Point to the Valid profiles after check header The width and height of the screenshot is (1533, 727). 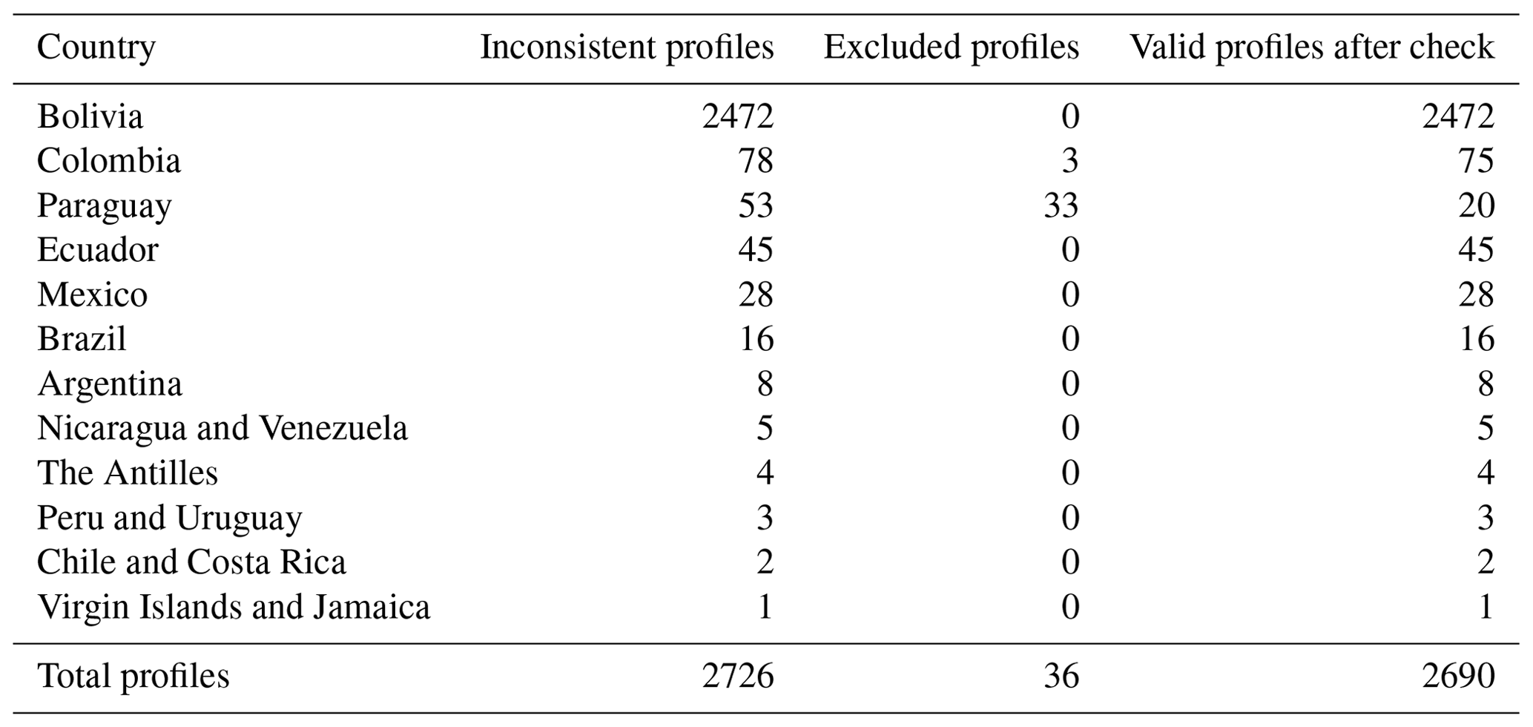[x=1312, y=47]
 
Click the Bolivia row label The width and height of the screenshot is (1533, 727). [x=90, y=116]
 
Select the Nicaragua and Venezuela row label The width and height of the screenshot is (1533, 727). [x=222, y=429]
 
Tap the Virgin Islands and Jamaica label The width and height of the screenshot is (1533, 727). [x=234, y=608]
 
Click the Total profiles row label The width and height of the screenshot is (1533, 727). [x=133, y=677]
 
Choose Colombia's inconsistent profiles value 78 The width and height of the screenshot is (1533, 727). [x=756, y=161]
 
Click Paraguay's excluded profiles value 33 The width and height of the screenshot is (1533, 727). [x=1061, y=205]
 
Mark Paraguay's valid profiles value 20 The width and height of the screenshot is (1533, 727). [x=1476, y=205]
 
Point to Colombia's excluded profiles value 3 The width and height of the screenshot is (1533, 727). [x=1070, y=161]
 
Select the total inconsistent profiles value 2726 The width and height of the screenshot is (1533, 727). [x=738, y=676]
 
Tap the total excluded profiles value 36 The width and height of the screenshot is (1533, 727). [x=1061, y=676]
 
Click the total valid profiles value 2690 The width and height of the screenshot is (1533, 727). [x=1459, y=676]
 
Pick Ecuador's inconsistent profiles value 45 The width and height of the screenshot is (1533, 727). [x=756, y=250]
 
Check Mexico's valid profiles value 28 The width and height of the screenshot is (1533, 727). [x=1476, y=295]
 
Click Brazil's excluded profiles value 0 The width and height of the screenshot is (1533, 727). [x=1070, y=339]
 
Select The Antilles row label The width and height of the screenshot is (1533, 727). [x=128, y=473]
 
